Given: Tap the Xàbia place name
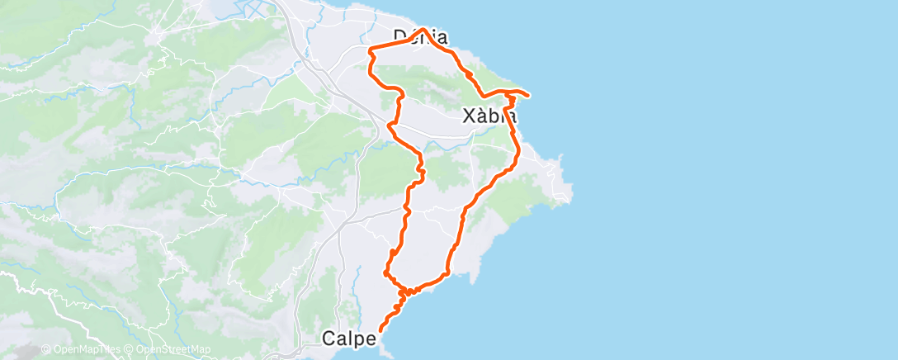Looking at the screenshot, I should [x=490, y=117].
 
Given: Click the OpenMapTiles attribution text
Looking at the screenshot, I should [x=86, y=349].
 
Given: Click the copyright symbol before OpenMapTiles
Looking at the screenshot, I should [x=45, y=349].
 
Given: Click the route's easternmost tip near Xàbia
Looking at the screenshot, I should [x=527, y=93].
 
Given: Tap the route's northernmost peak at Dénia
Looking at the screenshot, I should [x=424, y=29].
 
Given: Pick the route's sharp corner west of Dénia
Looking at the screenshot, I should [x=369, y=50].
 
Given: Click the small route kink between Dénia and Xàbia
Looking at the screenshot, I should [x=469, y=75].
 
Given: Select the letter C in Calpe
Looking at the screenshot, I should [x=328, y=338].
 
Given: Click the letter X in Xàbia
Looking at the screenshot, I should [x=469, y=117].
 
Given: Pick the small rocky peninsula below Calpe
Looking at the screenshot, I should [x=385, y=352].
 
